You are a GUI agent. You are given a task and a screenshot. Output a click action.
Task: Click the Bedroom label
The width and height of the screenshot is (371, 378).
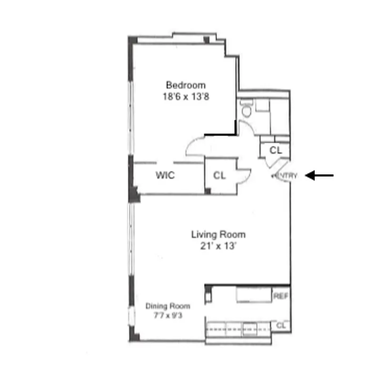coord(186,86)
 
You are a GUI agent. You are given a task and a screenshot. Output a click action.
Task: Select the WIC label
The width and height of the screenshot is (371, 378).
coord(165,176)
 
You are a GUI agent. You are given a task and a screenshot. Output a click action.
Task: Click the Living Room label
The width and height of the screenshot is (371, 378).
coord(218,234)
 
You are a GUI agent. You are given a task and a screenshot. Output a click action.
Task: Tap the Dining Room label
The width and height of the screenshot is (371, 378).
coord(164,305)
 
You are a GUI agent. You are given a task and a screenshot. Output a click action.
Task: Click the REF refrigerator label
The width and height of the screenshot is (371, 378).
coord(280,297)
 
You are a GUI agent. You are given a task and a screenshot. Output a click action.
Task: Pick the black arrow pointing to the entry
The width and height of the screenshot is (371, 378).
coord(319,176)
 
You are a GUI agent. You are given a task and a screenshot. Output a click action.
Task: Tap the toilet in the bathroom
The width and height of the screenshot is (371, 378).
coord(246,110)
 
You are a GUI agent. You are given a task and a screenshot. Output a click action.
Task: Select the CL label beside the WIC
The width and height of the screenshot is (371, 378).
coord(219,176)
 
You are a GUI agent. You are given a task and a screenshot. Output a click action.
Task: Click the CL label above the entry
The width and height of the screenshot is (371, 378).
coord(275,150)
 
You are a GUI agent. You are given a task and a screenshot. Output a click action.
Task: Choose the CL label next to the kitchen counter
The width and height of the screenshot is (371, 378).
coord(281,326)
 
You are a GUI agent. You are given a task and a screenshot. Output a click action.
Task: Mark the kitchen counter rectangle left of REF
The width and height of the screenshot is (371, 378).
coord(254,295)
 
